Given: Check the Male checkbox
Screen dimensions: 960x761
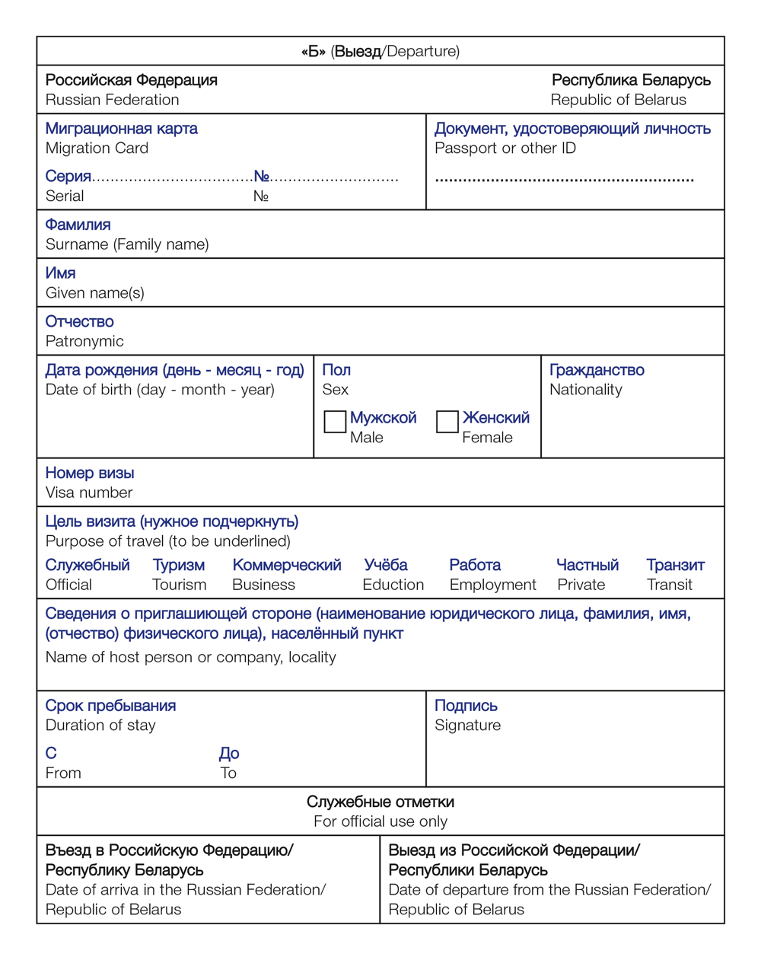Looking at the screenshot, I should [335, 422].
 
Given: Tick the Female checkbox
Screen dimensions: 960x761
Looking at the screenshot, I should [447, 422].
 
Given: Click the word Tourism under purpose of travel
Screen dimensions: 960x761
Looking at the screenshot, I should [179, 585].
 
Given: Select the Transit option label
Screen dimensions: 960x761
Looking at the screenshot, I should [670, 585].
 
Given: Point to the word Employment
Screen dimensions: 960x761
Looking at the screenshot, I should [492, 585].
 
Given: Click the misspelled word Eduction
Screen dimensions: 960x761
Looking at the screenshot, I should [393, 585].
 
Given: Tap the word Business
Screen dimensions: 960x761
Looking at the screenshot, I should [263, 585].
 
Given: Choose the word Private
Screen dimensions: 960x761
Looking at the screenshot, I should [581, 585].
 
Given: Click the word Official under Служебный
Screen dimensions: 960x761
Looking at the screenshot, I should [68, 585].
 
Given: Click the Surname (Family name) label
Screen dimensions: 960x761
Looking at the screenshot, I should [127, 244].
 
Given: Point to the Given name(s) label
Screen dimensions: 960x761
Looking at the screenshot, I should [94, 293].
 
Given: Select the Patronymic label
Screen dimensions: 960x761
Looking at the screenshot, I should [84, 341].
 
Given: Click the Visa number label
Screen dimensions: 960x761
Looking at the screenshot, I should [89, 493].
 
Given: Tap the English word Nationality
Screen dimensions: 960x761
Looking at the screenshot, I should [585, 390].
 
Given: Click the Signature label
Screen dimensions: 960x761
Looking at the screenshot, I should [467, 726].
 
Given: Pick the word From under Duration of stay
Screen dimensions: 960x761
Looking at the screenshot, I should [63, 773].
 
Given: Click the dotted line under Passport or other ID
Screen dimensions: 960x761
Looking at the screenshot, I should [564, 180].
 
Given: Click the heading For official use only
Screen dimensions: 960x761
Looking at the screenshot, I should [380, 821].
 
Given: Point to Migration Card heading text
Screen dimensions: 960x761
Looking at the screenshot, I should [97, 148].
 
